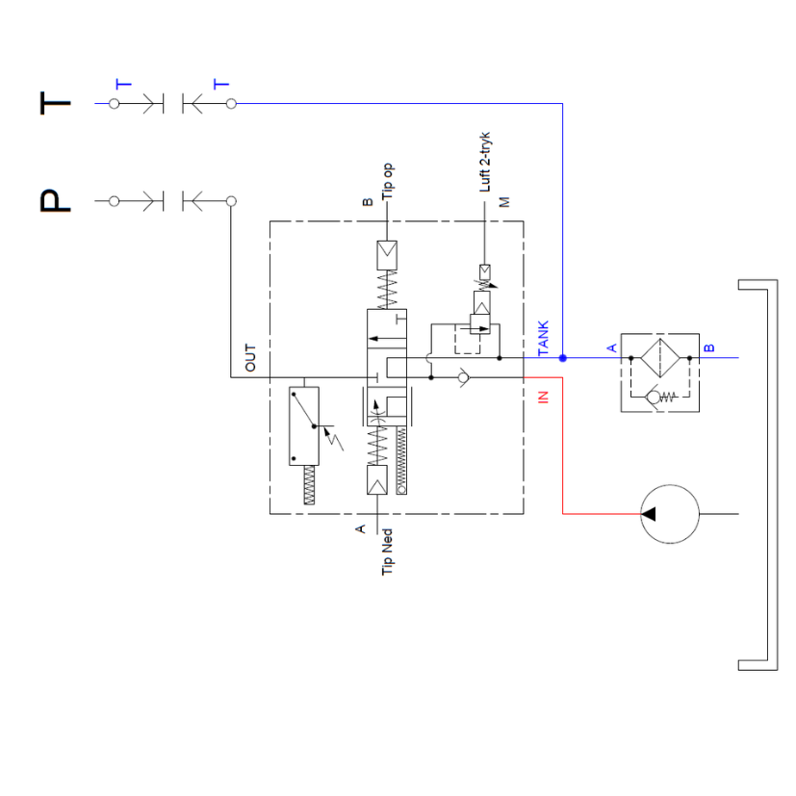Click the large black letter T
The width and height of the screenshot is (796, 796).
pos(56,103)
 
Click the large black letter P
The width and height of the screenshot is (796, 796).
pos(56,200)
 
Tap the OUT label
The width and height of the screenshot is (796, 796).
pos(251,358)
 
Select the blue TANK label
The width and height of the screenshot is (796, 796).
pos(543,339)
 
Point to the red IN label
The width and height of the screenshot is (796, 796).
pos(543,396)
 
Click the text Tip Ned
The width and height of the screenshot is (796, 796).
pos(388,552)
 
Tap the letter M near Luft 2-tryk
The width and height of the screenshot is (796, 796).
pos(503,201)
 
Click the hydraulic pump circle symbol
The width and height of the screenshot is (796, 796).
pos(670,513)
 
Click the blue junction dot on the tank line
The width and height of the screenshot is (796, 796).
pos(563,358)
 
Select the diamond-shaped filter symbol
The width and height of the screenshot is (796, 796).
pos(660,357)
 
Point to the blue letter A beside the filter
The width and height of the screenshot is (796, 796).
pos(611,347)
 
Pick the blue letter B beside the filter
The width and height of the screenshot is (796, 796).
pos(710,347)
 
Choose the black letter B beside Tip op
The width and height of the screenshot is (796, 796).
pos(367,203)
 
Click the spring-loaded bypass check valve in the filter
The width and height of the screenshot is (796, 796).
pos(660,396)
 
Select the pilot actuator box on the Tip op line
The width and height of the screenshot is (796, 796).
pos(386,254)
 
